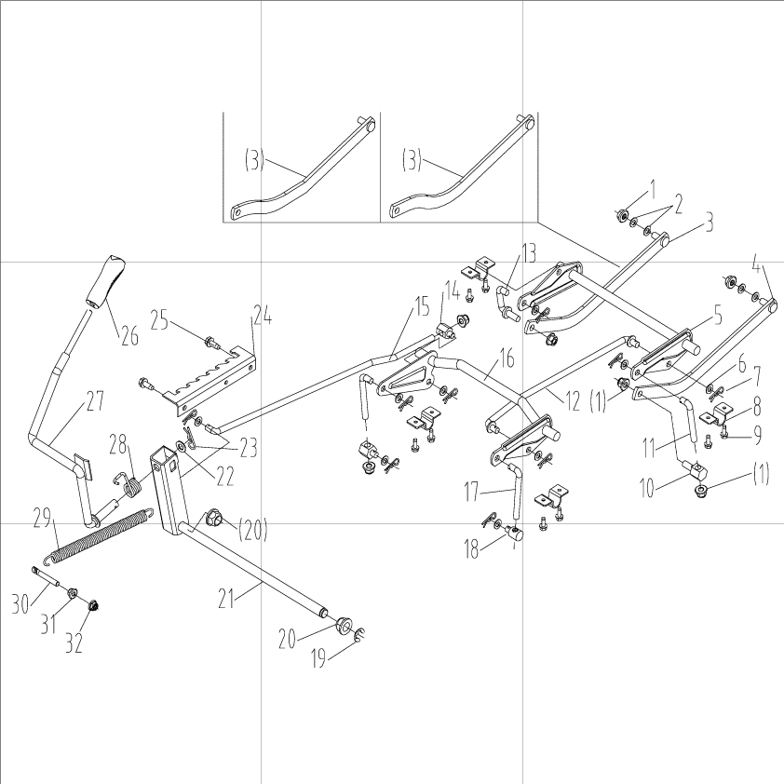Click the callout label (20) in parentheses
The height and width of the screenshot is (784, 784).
click(253, 532)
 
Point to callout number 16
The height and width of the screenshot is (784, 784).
click(507, 357)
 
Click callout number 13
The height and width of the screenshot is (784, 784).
click(528, 251)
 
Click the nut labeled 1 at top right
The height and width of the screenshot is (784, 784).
click(619, 216)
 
